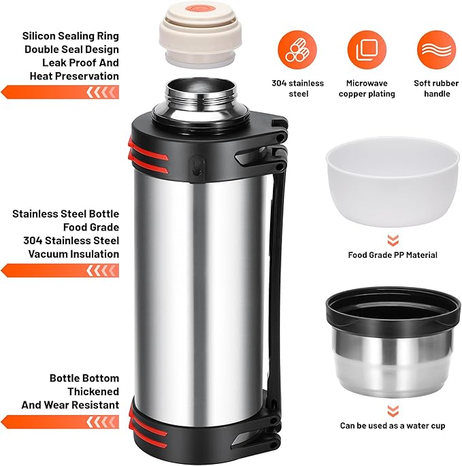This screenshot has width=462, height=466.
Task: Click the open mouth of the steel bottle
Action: coord(194,88)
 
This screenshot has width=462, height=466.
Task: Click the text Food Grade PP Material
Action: coord(393,255)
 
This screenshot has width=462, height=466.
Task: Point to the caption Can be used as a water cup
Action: coord(393,426)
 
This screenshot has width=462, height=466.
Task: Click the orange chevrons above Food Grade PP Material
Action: coord(393,239)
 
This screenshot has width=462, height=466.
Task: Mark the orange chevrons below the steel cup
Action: coord(393,410)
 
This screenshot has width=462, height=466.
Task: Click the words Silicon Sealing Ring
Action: coord(71,35)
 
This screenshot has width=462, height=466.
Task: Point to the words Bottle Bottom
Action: coord(84,378)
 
